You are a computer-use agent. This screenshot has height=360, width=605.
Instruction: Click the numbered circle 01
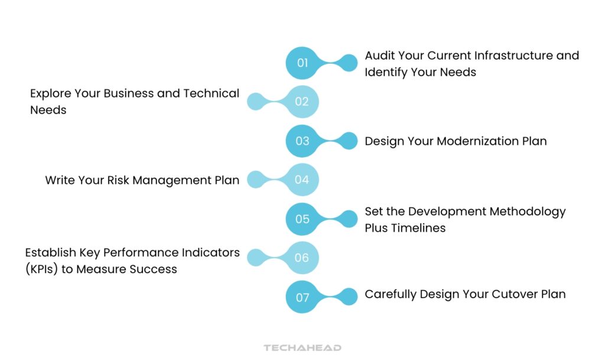(302, 63)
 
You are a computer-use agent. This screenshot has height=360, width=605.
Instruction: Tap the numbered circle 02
(302, 102)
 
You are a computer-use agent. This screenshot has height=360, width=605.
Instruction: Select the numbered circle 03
(302, 141)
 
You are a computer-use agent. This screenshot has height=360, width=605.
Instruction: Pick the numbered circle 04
(302, 180)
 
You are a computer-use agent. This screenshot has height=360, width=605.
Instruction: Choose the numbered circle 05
(302, 219)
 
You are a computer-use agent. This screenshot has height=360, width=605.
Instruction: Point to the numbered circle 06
(302, 258)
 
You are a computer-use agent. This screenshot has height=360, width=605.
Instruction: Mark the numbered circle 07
(302, 297)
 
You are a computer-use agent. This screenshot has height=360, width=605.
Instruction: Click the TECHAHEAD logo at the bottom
(302, 348)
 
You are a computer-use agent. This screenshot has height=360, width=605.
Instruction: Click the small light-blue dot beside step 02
(255, 102)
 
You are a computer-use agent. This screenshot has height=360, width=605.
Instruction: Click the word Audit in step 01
(380, 56)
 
